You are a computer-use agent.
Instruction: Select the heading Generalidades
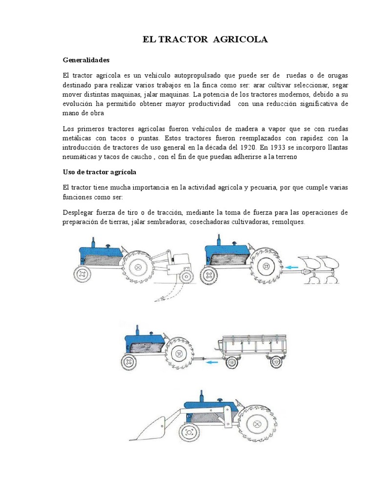(86, 60)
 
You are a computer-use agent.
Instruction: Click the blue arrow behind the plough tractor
(292, 267)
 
